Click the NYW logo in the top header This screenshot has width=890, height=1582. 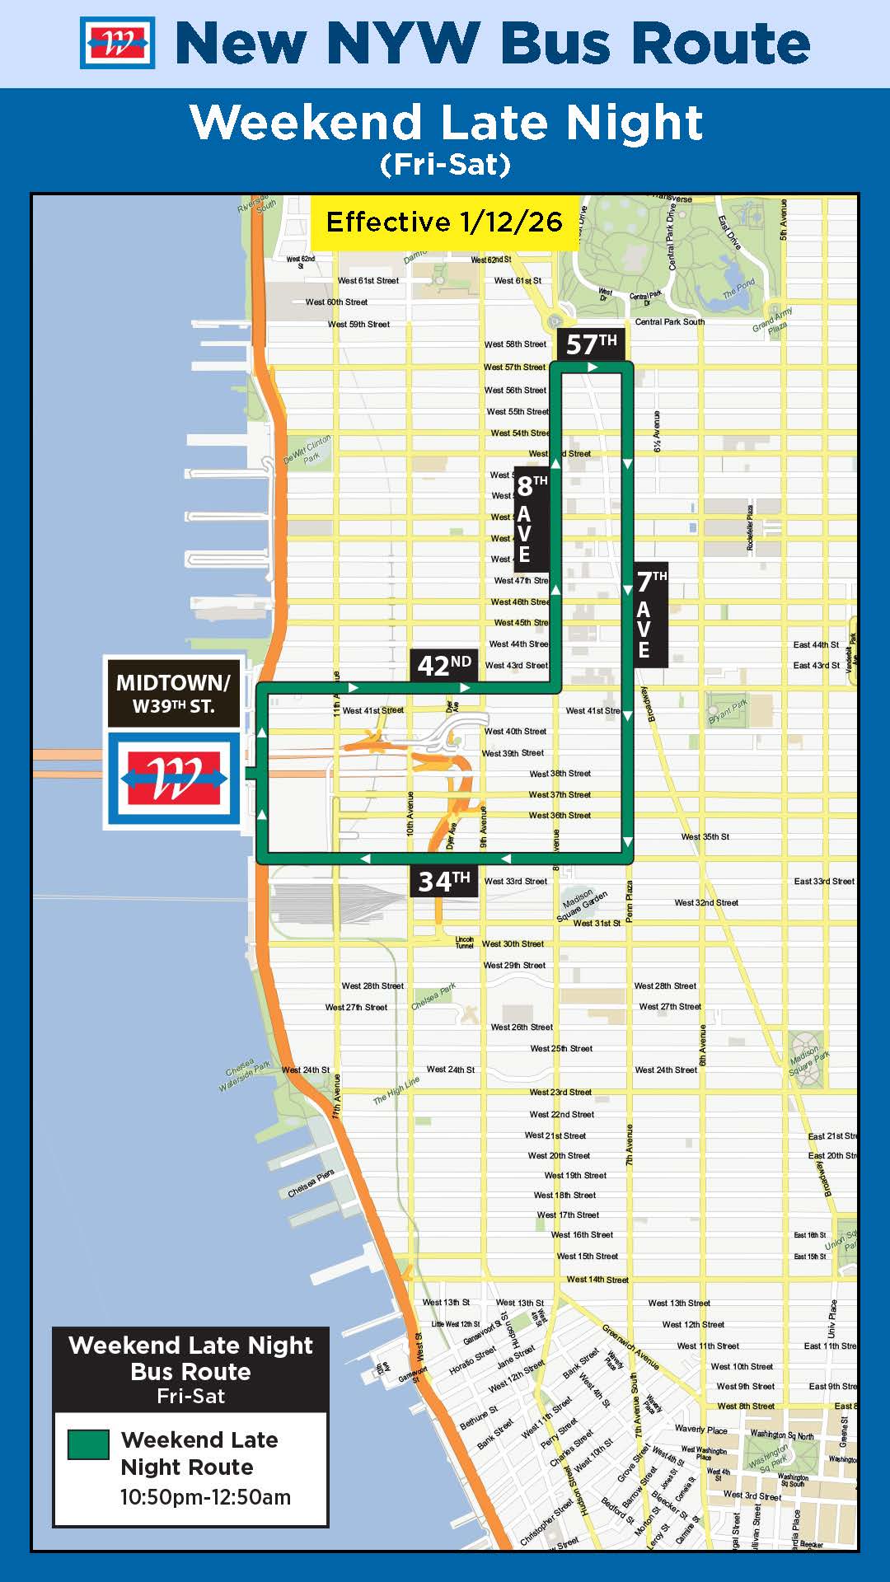point(117,43)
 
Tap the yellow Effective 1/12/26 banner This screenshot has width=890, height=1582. point(443,222)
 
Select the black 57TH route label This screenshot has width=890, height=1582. point(591,344)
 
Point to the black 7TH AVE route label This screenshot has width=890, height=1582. point(651,615)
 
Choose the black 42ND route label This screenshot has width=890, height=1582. point(444,665)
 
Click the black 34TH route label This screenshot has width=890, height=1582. point(443,882)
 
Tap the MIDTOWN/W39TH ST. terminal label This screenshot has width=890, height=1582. point(173,693)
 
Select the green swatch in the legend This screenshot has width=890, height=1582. point(88,1444)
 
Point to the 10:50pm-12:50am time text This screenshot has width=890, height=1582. point(205,1497)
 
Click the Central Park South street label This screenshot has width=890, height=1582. point(669,322)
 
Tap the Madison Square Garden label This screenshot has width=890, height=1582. point(583,903)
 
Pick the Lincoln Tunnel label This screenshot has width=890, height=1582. point(465,942)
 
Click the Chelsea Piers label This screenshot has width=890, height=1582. point(311,1184)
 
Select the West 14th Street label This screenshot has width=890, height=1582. point(597,1280)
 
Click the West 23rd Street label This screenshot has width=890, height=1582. point(560,1093)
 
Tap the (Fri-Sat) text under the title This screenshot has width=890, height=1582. point(445,165)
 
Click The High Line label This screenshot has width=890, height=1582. point(396,1090)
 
